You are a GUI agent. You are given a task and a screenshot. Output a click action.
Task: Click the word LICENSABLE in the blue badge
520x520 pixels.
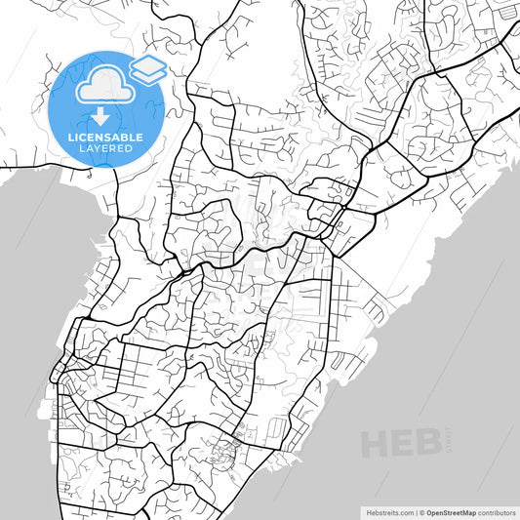click(x=106, y=136)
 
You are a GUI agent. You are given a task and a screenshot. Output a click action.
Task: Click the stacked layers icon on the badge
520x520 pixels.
click(x=146, y=68)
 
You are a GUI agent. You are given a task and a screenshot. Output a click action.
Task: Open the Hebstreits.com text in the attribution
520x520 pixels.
click(x=383, y=511)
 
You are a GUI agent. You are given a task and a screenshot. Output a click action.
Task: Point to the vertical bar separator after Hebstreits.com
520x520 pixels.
click(x=417, y=511)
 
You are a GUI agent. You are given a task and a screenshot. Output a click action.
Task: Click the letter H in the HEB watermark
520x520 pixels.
click(x=376, y=445)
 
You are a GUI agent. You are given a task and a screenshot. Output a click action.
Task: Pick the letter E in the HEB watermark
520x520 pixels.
click(x=403, y=445)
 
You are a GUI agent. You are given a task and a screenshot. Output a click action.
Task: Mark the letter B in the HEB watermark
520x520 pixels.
click(x=428, y=444)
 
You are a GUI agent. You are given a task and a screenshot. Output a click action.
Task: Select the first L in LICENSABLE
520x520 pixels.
click(x=70, y=136)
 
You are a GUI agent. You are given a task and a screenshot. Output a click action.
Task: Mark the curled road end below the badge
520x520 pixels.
click(x=91, y=178)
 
